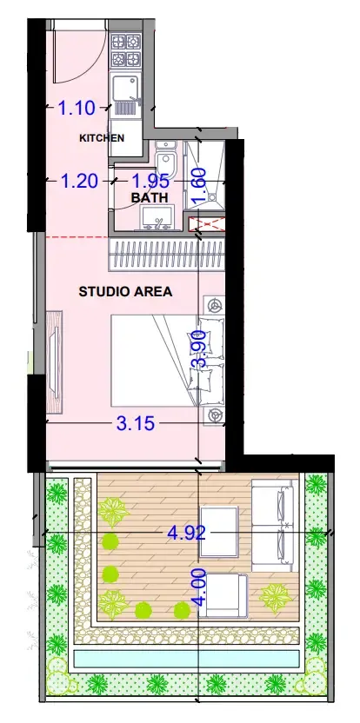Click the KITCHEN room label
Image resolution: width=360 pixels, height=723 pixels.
(102, 138)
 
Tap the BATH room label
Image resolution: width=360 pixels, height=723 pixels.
(149, 198)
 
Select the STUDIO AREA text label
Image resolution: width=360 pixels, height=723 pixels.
(125, 291)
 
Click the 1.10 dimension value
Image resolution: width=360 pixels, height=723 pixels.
(77, 109)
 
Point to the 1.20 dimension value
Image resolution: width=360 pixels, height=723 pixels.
(79, 182)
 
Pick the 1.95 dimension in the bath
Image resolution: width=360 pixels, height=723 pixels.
(151, 181)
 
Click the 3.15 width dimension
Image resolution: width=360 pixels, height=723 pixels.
(136, 423)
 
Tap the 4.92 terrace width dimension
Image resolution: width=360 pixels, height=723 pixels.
(186, 533)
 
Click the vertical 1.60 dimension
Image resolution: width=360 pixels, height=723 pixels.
(199, 186)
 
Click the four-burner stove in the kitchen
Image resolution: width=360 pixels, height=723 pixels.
(125, 50)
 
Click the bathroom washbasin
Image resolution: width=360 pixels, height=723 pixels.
(157, 217)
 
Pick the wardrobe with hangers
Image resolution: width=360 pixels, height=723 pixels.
(167, 255)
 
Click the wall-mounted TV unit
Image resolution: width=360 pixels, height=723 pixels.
(55, 362)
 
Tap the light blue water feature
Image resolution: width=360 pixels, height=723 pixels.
(187, 658)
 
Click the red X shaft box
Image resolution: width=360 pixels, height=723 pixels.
(207, 225)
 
